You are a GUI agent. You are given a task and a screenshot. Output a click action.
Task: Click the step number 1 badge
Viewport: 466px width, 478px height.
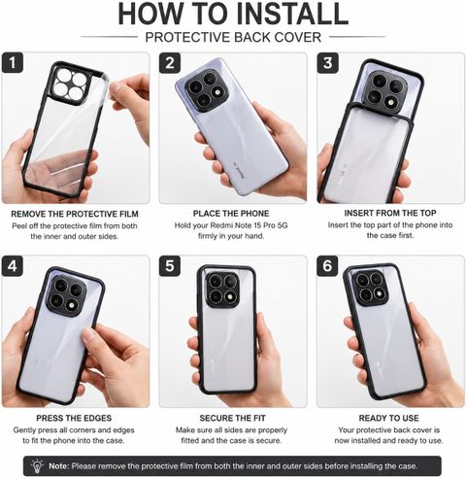click(x=13, y=62)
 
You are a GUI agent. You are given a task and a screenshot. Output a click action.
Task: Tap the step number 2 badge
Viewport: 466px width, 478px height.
click(x=170, y=62)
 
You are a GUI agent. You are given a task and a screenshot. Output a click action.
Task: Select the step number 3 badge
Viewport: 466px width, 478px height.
click(x=327, y=62)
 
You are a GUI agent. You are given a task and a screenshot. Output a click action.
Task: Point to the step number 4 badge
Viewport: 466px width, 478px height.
click(x=13, y=266)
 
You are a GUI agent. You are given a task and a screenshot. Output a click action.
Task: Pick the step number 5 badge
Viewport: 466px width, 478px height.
click(x=170, y=266)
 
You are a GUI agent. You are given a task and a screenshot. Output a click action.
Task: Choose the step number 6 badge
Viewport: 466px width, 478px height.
click(x=327, y=266)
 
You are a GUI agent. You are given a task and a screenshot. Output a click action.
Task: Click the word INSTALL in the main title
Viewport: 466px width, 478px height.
click(x=292, y=14)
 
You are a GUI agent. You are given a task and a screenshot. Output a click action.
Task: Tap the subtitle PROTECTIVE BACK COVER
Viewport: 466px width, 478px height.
click(x=233, y=37)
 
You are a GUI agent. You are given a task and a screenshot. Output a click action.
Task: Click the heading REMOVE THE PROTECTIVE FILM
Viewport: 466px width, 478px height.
click(x=75, y=214)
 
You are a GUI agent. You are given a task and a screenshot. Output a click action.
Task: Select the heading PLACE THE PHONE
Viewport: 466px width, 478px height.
click(x=231, y=214)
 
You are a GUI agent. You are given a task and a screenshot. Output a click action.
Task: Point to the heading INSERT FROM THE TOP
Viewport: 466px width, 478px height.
click(x=390, y=213)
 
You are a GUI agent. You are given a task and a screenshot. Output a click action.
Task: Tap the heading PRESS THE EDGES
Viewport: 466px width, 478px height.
click(x=74, y=418)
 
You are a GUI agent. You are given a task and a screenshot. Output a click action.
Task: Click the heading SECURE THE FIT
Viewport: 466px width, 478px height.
click(x=232, y=418)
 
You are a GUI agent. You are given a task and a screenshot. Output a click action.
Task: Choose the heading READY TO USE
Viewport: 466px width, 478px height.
click(x=388, y=418)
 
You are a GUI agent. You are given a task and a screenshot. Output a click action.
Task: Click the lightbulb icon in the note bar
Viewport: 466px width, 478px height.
click(x=37, y=465)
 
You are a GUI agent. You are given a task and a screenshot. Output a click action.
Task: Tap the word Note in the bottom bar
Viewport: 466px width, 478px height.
click(x=59, y=466)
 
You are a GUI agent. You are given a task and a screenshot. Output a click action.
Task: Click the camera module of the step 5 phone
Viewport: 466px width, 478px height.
click(x=222, y=290)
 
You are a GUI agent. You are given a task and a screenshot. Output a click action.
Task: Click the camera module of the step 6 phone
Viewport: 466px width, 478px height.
click(x=369, y=288)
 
